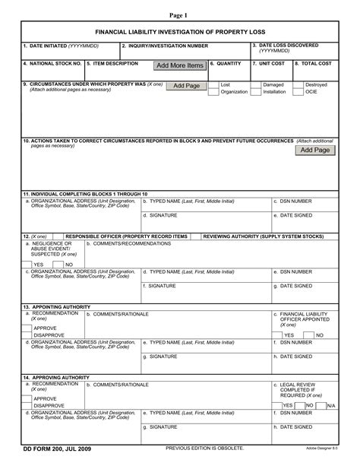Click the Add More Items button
180,65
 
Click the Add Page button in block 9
186,86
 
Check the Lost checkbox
213,84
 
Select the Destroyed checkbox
298,84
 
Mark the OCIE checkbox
298,92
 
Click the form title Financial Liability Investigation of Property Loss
180,34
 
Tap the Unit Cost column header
269,63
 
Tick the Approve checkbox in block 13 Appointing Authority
27,328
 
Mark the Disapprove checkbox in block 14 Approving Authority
27,405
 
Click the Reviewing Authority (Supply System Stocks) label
263,236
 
